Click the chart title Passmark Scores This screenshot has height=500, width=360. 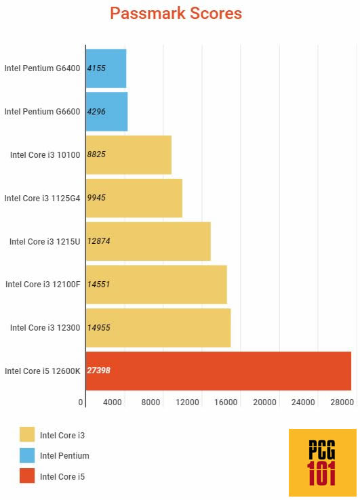tap(176, 14)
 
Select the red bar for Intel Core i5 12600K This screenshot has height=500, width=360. tap(218, 371)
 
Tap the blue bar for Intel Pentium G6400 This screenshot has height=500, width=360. tap(106, 68)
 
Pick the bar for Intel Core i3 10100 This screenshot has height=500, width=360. tap(128, 154)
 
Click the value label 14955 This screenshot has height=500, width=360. tap(99, 328)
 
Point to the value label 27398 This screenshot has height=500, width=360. tap(99, 371)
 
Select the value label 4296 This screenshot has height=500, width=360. tap(97, 111)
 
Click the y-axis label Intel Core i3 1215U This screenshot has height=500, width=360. tap(45, 241)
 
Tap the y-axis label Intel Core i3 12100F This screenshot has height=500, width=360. tap(43, 285)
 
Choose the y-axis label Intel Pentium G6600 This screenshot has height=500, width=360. tap(42, 111)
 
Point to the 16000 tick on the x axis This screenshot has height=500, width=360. tap(226, 402)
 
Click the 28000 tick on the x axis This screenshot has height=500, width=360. tap(341, 402)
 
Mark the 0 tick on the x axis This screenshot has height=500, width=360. tap(81, 402)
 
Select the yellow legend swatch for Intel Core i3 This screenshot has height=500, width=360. tap(27, 435)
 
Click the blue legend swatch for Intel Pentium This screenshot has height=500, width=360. tap(27, 455)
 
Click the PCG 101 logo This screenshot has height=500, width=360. tap(322, 463)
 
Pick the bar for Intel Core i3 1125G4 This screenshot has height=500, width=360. tap(134, 198)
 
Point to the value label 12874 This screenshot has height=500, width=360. tap(99, 241)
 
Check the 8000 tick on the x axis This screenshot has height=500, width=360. tap(151, 402)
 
